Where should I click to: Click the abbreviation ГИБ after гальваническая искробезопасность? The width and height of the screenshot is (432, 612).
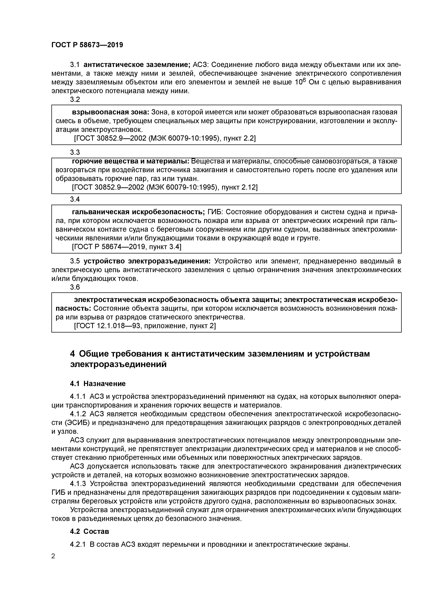215,212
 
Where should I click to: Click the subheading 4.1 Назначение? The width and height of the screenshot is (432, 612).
98,384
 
